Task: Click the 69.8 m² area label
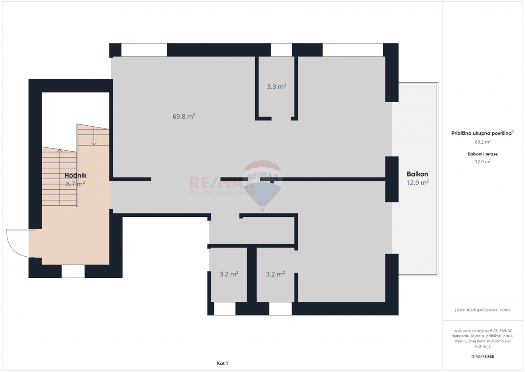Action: (184, 116)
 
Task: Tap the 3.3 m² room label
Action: (276, 87)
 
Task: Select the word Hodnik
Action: (75, 175)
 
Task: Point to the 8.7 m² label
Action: (75, 184)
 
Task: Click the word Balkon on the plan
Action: (417, 174)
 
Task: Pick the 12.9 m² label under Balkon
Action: (417, 182)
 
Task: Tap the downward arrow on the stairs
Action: (94, 136)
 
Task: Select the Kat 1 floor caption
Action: (222, 363)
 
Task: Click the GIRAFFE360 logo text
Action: (483, 357)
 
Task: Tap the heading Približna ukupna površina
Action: (481, 133)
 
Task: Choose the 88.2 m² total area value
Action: (483, 142)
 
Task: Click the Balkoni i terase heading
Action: (483, 154)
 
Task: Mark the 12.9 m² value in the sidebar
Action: (483, 162)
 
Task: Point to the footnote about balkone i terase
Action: (483, 310)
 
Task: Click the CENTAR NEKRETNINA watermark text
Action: (222, 193)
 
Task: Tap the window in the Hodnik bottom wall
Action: (73, 271)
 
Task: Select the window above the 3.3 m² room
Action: (281, 50)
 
